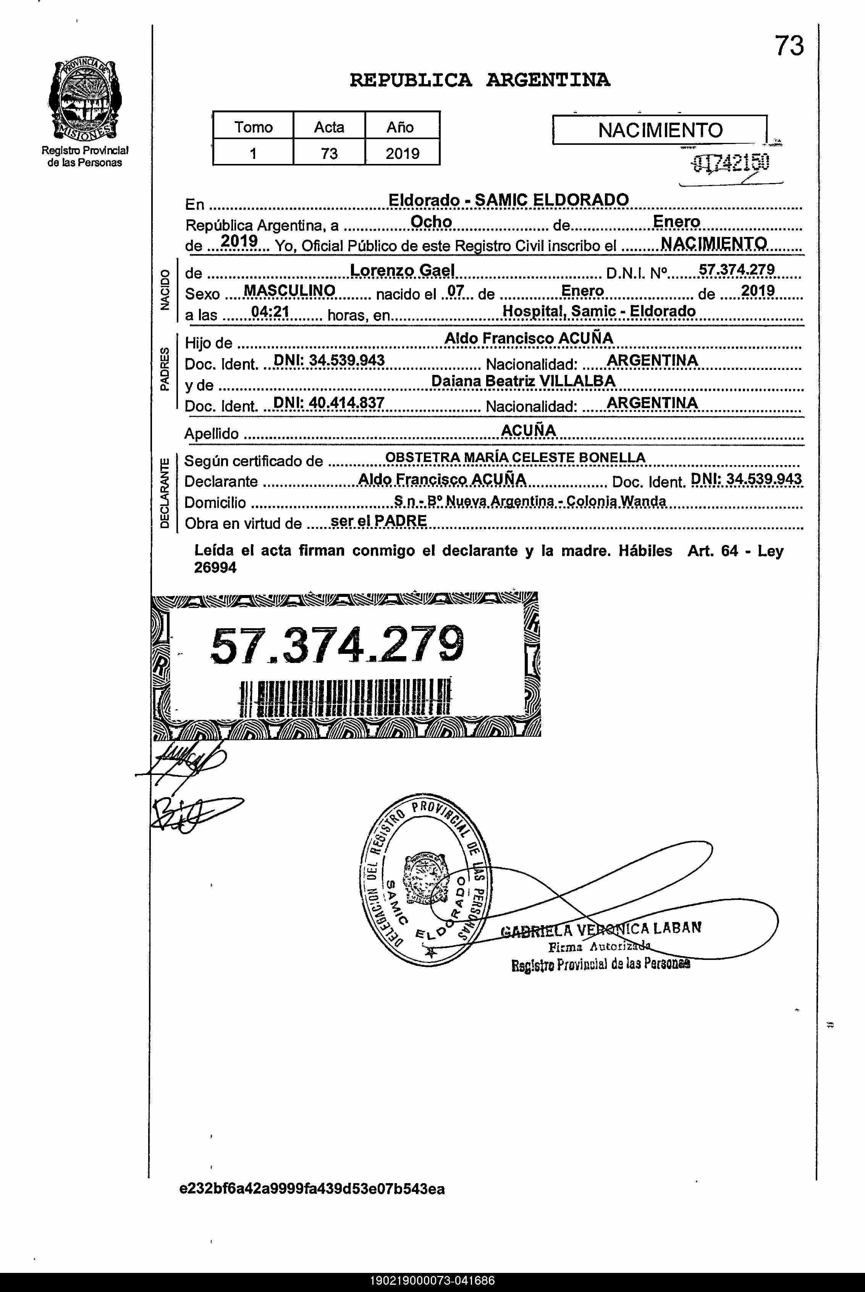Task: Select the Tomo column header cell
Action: [x=253, y=127]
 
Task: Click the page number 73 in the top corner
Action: [x=789, y=46]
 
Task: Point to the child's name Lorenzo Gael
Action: [x=402, y=271]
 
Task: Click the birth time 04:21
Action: [x=270, y=312]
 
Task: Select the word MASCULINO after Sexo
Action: [x=289, y=291]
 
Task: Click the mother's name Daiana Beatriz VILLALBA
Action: [x=522, y=381]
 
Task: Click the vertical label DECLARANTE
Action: [x=164, y=493]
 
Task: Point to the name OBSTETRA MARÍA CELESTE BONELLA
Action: [x=515, y=457]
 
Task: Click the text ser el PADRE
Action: [x=378, y=521]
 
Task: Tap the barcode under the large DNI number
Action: [x=345, y=698]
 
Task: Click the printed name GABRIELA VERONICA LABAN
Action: [x=601, y=929]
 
